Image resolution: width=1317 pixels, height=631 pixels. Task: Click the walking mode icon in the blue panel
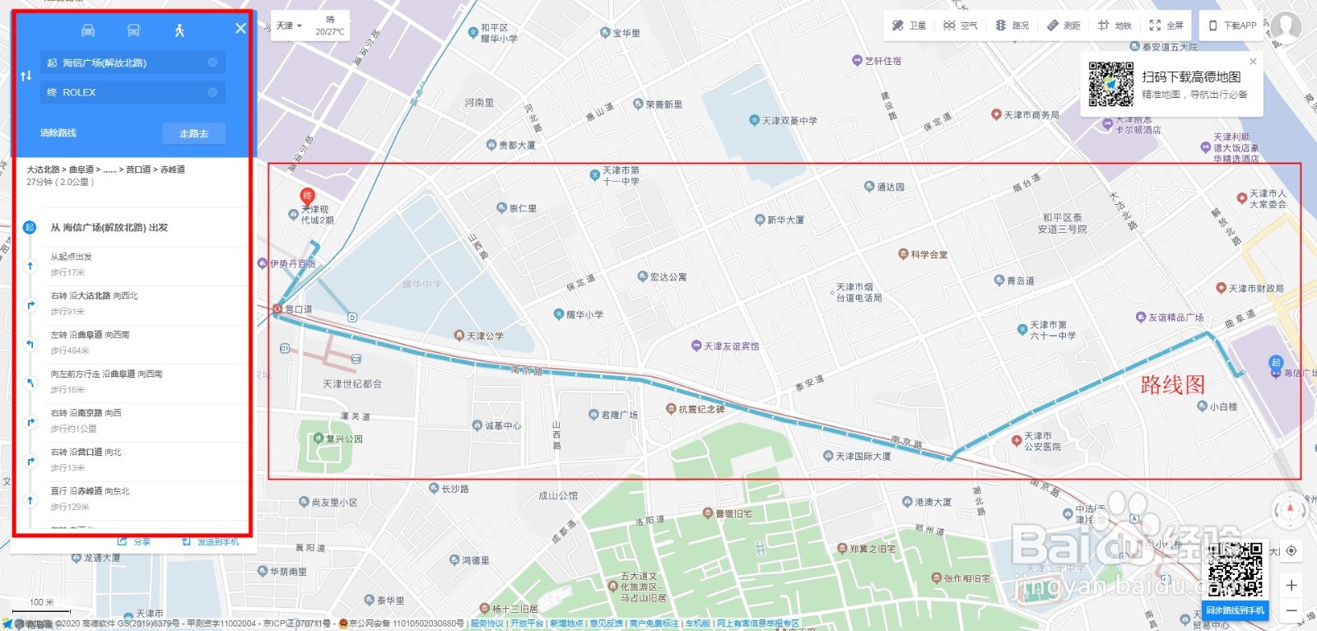179,30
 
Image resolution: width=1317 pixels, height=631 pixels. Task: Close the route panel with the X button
240,28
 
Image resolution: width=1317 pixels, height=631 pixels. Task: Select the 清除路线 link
58,132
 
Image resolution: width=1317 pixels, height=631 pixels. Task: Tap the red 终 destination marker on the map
307,196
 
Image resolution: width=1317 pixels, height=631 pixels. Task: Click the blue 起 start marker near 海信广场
1275,362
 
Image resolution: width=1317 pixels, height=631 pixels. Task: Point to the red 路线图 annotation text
1172,384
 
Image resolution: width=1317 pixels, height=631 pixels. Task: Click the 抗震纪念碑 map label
700,409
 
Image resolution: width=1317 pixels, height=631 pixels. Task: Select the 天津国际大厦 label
863,456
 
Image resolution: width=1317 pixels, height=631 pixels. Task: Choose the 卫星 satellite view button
910,26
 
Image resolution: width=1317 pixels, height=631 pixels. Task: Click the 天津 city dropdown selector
289,26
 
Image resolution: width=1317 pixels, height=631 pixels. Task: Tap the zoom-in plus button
1291,585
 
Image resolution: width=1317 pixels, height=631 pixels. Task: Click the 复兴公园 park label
343,438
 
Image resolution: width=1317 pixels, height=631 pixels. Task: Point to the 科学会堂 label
928,254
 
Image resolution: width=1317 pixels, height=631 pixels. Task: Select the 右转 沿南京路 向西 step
86,413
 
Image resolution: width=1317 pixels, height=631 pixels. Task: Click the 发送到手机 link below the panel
212,541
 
